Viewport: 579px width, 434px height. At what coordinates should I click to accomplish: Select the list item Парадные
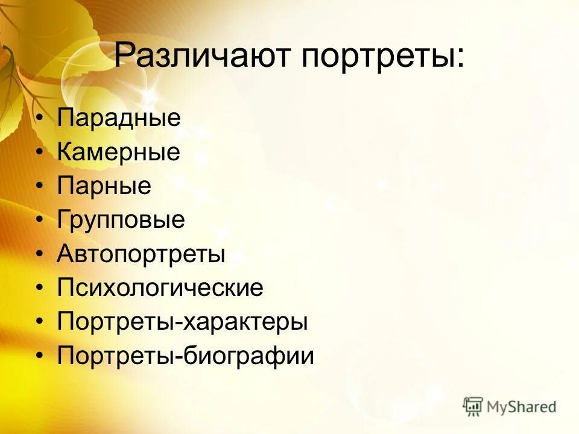coord(119,118)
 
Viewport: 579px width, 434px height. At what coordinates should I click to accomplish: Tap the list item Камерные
coord(119,152)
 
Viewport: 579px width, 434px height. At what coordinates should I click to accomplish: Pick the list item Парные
coord(104,186)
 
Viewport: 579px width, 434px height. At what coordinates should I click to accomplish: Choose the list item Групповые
coord(121,220)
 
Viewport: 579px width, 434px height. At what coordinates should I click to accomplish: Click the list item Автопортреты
coord(141,254)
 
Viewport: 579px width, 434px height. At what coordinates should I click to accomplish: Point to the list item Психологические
coord(160,288)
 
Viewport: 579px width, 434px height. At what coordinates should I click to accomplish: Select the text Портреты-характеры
coord(182,322)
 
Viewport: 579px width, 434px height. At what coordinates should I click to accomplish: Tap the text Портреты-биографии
coord(186,356)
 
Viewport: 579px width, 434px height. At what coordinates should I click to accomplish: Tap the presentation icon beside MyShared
coord(473,406)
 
